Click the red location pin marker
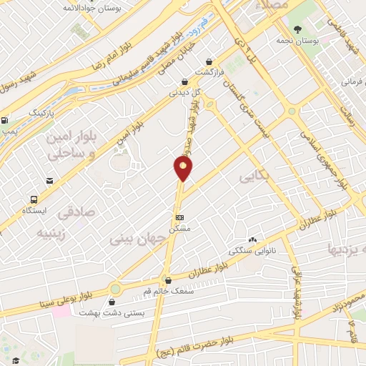(184, 168)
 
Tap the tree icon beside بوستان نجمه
(297, 30)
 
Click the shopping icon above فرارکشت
(208, 62)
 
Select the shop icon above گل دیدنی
(185, 81)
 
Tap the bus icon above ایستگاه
(34, 199)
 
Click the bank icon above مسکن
(179, 217)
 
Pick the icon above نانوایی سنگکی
(252, 239)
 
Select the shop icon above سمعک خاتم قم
(168, 281)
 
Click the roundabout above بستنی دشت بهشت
(115, 290)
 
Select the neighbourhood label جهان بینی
(135, 240)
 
